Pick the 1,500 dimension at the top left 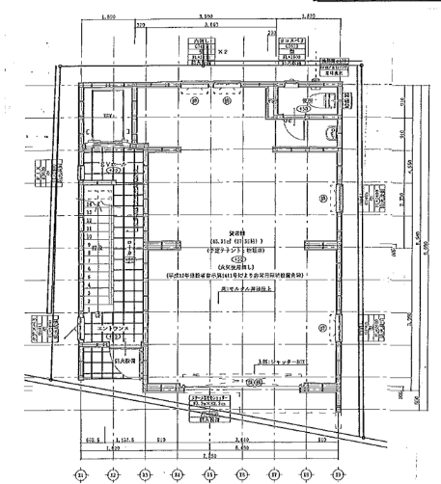click(110, 17)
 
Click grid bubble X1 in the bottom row click(81, 473)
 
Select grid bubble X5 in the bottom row click(208, 473)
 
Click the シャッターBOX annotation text click(278, 362)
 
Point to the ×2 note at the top click(222, 51)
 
